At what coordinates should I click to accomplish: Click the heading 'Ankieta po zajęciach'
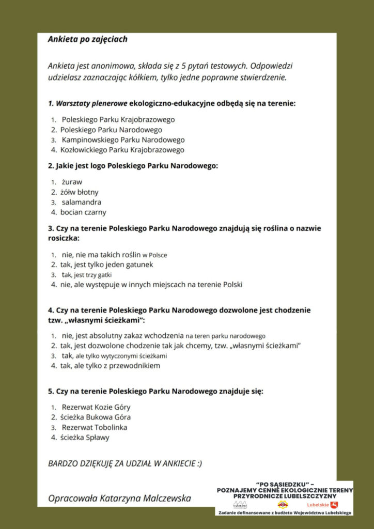pyautogui.click(x=87, y=39)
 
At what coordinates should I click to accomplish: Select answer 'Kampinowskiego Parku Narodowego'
pyautogui.click(x=123, y=140)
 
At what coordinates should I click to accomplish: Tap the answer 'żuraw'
pyautogui.click(x=72, y=182)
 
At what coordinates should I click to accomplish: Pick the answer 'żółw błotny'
pyautogui.click(x=79, y=192)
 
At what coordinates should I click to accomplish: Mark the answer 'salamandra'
pyautogui.click(x=81, y=202)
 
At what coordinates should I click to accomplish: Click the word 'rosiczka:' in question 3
pyautogui.click(x=64, y=239)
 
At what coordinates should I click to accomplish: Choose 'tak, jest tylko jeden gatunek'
pyautogui.click(x=106, y=264)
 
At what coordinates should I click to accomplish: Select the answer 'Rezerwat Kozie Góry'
pyautogui.click(x=96, y=407)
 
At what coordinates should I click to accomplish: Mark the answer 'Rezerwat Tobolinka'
pyautogui.click(x=94, y=428)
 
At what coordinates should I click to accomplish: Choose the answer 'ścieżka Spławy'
pyautogui.click(x=85, y=438)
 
